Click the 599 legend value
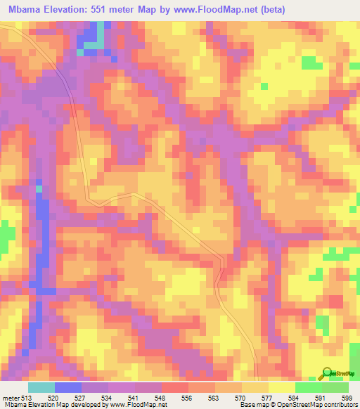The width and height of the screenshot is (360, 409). tap(347, 397)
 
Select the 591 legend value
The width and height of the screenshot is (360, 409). tap(319, 397)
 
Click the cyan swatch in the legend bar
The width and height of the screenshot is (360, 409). tap(41, 387)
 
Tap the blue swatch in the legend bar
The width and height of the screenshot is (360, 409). tap(67, 387)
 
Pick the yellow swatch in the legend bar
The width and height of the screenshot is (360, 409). tap(281, 387)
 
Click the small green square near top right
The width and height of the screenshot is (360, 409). tap(265, 86)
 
